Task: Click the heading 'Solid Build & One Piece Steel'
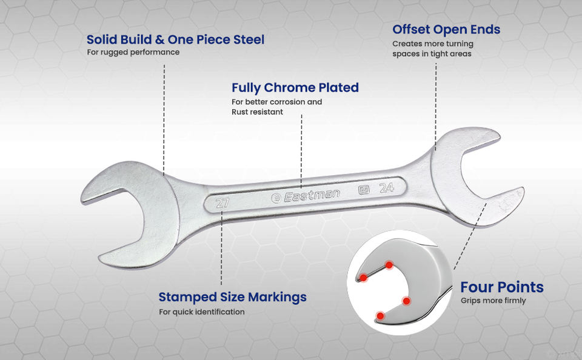175,40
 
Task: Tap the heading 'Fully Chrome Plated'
295,87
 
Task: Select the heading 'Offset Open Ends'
446,29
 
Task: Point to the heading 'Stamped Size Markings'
232,297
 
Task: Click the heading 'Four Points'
502,287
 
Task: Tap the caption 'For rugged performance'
133,52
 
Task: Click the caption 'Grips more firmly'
493,301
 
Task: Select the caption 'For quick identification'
202,312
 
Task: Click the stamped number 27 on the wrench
222,203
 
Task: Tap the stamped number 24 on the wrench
387,188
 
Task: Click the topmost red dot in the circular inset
389,265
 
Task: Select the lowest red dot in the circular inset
380,315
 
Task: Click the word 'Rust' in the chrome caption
241,112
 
